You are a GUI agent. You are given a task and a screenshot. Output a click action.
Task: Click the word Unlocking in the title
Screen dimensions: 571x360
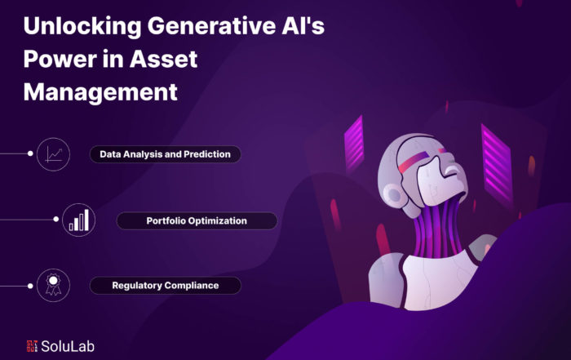coord(82,26)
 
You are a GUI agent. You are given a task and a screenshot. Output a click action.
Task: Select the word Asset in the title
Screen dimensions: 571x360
coord(163,59)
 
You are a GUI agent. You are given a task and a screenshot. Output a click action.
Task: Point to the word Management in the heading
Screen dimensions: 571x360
coord(100,91)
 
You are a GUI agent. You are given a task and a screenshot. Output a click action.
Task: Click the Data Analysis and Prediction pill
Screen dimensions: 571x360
coord(165,154)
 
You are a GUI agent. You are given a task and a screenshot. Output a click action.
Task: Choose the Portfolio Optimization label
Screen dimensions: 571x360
coord(197,220)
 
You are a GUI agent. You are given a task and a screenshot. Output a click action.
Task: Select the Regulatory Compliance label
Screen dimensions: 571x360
coord(165,285)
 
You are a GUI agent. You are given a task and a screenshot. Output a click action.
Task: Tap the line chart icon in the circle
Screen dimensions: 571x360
coord(54,154)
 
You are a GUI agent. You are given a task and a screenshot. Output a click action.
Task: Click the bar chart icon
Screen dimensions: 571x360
coord(79,220)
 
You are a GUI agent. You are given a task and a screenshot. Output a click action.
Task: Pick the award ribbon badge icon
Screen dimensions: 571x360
coord(54,284)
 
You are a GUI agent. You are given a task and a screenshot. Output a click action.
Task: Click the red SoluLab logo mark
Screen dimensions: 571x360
coord(32,346)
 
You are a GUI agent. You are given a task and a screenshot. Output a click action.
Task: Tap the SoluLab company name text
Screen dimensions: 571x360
coord(68,346)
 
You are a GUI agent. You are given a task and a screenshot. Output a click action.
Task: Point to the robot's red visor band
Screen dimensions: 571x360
coord(414,162)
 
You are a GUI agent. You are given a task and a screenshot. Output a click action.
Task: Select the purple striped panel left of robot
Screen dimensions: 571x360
coord(354,144)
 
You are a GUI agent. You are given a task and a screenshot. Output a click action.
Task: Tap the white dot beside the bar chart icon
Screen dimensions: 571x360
coord(55,220)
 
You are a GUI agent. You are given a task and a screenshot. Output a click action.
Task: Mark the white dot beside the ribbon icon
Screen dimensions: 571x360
coord(30,286)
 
